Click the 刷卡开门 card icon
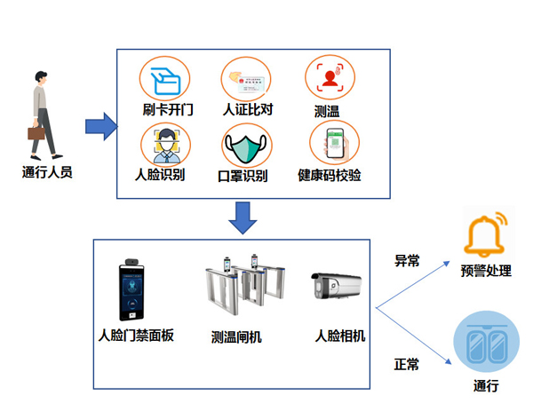(166, 79)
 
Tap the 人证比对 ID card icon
(246, 79)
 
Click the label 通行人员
(47, 172)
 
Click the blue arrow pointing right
(101, 126)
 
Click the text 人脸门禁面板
(136, 336)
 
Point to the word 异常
(407, 261)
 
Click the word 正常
(406, 364)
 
